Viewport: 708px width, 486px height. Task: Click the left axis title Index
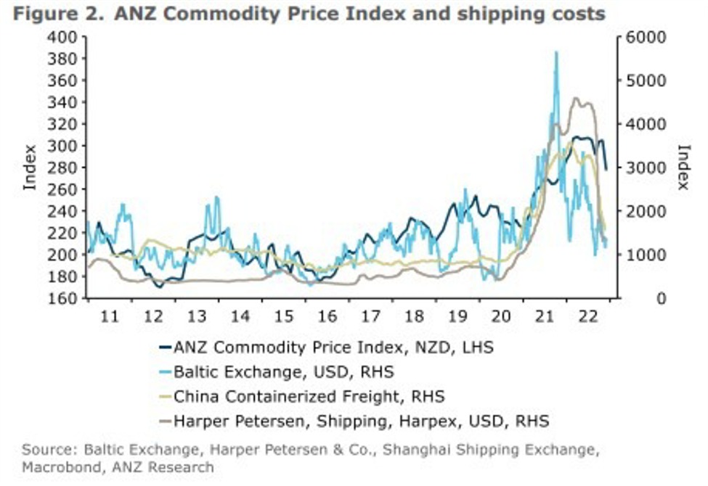click(30, 168)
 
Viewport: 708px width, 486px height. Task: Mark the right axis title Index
click(683, 168)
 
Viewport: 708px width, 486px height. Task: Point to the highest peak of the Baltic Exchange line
click(556, 52)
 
